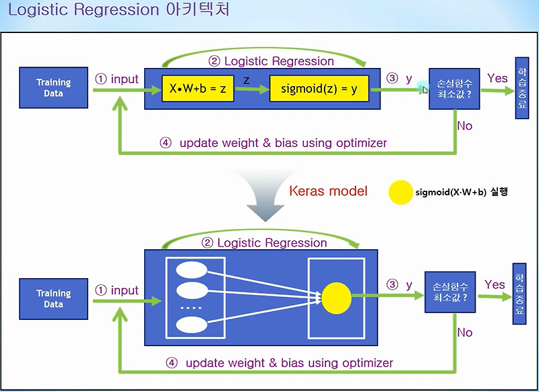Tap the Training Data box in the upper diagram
[x=54, y=88]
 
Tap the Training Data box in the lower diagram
[x=54, y=299]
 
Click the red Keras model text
[x=328, y=191]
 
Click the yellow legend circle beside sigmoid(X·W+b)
[x=400, y=193]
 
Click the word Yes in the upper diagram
[x=497, y=79]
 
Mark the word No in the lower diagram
[x=464, y=333]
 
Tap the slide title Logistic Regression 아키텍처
[x=118, y=12]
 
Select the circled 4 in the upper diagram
[x=166, y=143]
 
